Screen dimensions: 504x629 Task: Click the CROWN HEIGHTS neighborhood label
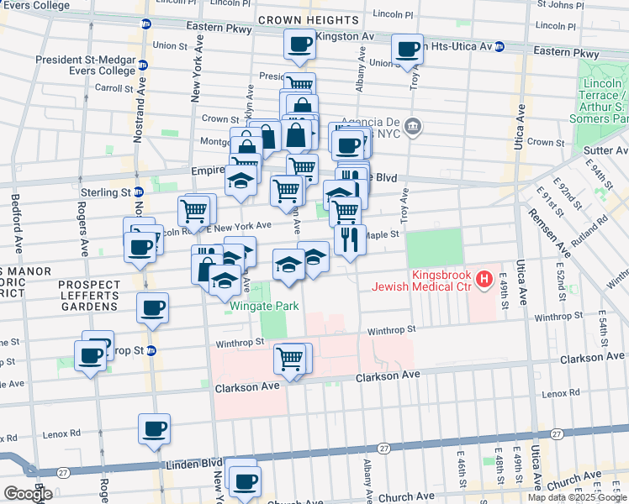[x=311, y=19]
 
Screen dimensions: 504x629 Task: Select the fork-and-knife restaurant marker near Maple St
[x=350, y=239]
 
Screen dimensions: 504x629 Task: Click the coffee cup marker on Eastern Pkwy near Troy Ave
[x=407, y=50]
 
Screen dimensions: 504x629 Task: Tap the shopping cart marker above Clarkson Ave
[x=290, y=359]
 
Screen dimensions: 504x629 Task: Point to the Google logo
[x=27, y=494]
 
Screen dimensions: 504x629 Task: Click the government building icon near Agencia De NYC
[x=412, y=127]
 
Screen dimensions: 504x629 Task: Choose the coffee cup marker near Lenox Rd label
[x=154, y=428]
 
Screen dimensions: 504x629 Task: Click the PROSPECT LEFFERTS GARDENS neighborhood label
[x=87, y=296]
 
